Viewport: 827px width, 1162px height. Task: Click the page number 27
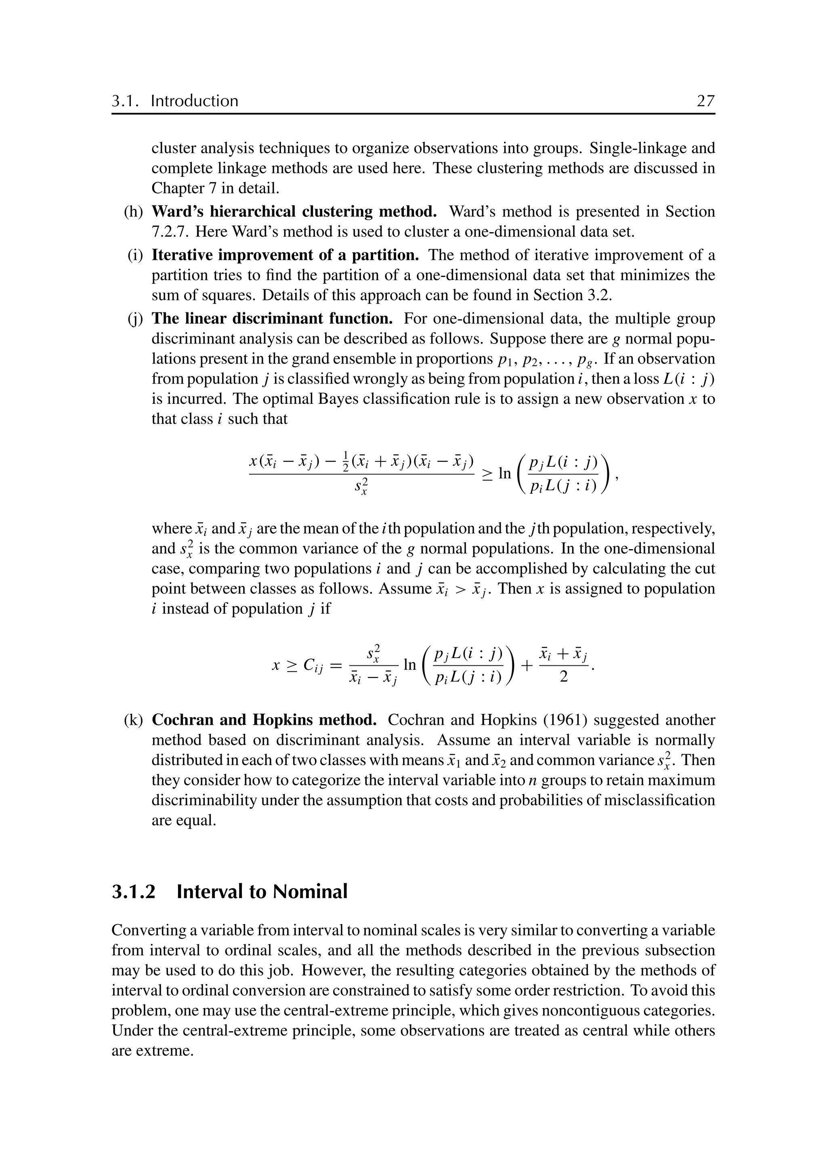[x=705, y=101]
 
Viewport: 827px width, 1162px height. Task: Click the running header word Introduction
[x=195, y=101]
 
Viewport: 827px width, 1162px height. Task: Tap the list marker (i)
[x=135, y=255]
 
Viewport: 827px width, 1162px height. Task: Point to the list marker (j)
[x=135, y=319]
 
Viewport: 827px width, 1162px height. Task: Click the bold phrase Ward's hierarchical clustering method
[x=294, y=211]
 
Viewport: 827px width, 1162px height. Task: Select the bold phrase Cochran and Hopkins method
[x=264, y=720]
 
